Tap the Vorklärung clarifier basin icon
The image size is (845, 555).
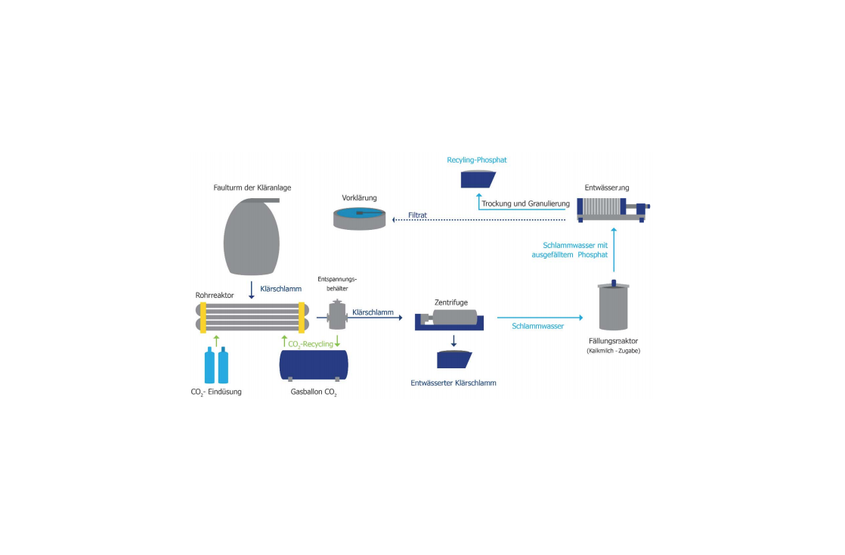coord(360,219)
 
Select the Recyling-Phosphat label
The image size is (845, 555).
coord(477,160)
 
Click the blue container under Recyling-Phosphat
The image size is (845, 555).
coord(478,179)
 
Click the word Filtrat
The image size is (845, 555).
coord(418,215)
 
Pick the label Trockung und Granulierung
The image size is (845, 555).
coord(525,204)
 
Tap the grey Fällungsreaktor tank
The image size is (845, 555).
coord(613,305)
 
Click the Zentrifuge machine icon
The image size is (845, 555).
coord(449,319)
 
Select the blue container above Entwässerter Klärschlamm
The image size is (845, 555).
coord(454,359)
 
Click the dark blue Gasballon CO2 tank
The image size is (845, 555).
coord(314,366)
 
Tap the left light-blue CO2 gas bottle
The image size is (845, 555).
coord(209,366)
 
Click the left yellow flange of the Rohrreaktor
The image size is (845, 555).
coord(203,318)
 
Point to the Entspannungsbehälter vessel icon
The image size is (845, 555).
coord(337,315)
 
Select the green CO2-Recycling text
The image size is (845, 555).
coord(311,344)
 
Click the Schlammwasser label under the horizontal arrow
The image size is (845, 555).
coord(538,327)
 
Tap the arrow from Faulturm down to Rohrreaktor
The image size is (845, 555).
coord(251,290)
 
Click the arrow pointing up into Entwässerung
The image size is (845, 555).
coord(614,250)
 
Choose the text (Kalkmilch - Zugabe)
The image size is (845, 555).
coord(613,351)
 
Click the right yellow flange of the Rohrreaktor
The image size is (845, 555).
coord(302,318)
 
